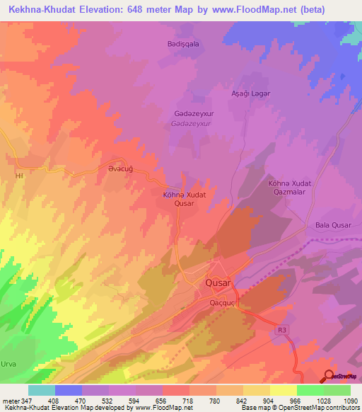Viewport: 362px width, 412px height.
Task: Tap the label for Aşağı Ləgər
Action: pyautogui.click(x=252, y=93)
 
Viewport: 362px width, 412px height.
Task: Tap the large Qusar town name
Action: pyautogui.click(x=218, y=282)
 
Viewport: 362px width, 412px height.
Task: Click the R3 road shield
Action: pyautogui.click(x=283, y=329)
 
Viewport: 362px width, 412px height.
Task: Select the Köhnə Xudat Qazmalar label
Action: pyautogui.click(x=290, y=188)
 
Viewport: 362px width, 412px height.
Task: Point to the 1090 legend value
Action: pyautogui.click(x=349, y=400)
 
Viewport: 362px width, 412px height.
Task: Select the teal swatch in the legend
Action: pyautogui.click(x=42, y=390)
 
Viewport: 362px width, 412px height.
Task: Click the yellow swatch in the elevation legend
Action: pyautogui.click(x=283, y=390)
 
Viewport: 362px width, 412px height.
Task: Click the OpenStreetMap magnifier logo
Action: pyautogui.click(x=328, y=375)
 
